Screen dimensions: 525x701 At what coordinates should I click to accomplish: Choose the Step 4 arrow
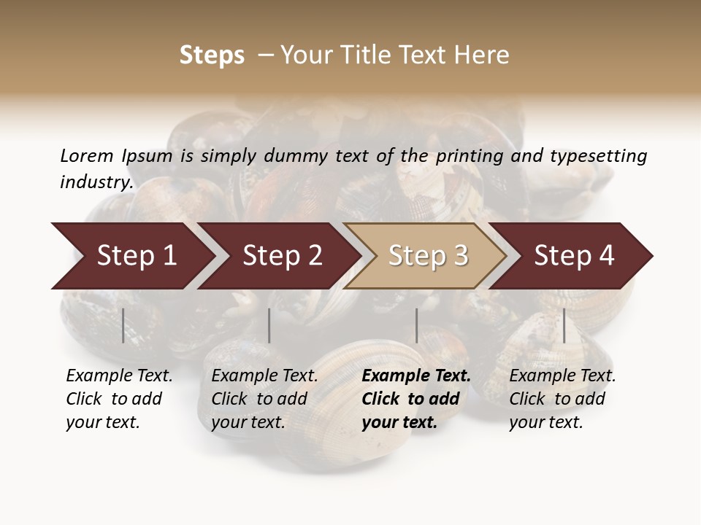(x=573, y=256)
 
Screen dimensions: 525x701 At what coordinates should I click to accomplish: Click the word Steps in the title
(x=212, y=55)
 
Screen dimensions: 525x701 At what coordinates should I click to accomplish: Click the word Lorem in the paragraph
(x=86, y=155)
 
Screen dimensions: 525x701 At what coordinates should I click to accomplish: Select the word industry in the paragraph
(x=96, y=182)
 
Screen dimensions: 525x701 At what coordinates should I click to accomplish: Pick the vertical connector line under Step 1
(x=123, y=325)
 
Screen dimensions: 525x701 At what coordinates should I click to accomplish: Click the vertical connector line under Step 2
(x=269, y=325)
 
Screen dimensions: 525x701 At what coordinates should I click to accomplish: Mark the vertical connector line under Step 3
(x=416, y=325)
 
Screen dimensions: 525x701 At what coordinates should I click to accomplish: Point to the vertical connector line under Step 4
(x=564, y=325)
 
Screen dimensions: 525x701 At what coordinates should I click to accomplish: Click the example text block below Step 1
(x=119, y=399)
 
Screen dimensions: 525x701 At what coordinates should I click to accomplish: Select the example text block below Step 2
(x=264, y=399)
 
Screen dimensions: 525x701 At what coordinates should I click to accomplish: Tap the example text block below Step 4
(x=562, y=399)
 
